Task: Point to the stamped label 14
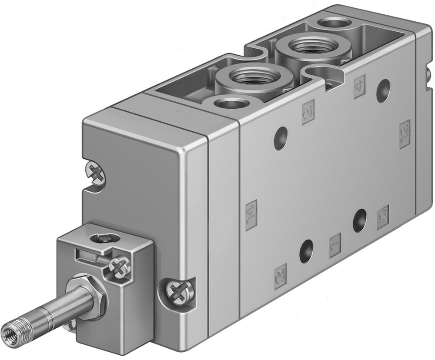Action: [251, 215]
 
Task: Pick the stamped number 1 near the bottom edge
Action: [335, 246]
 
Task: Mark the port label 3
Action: [281, 276]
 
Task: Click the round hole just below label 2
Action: [281, 138]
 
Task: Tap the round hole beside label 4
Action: [383, 91]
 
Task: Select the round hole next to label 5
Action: [360, 220]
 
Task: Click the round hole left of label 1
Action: [306, 251]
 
